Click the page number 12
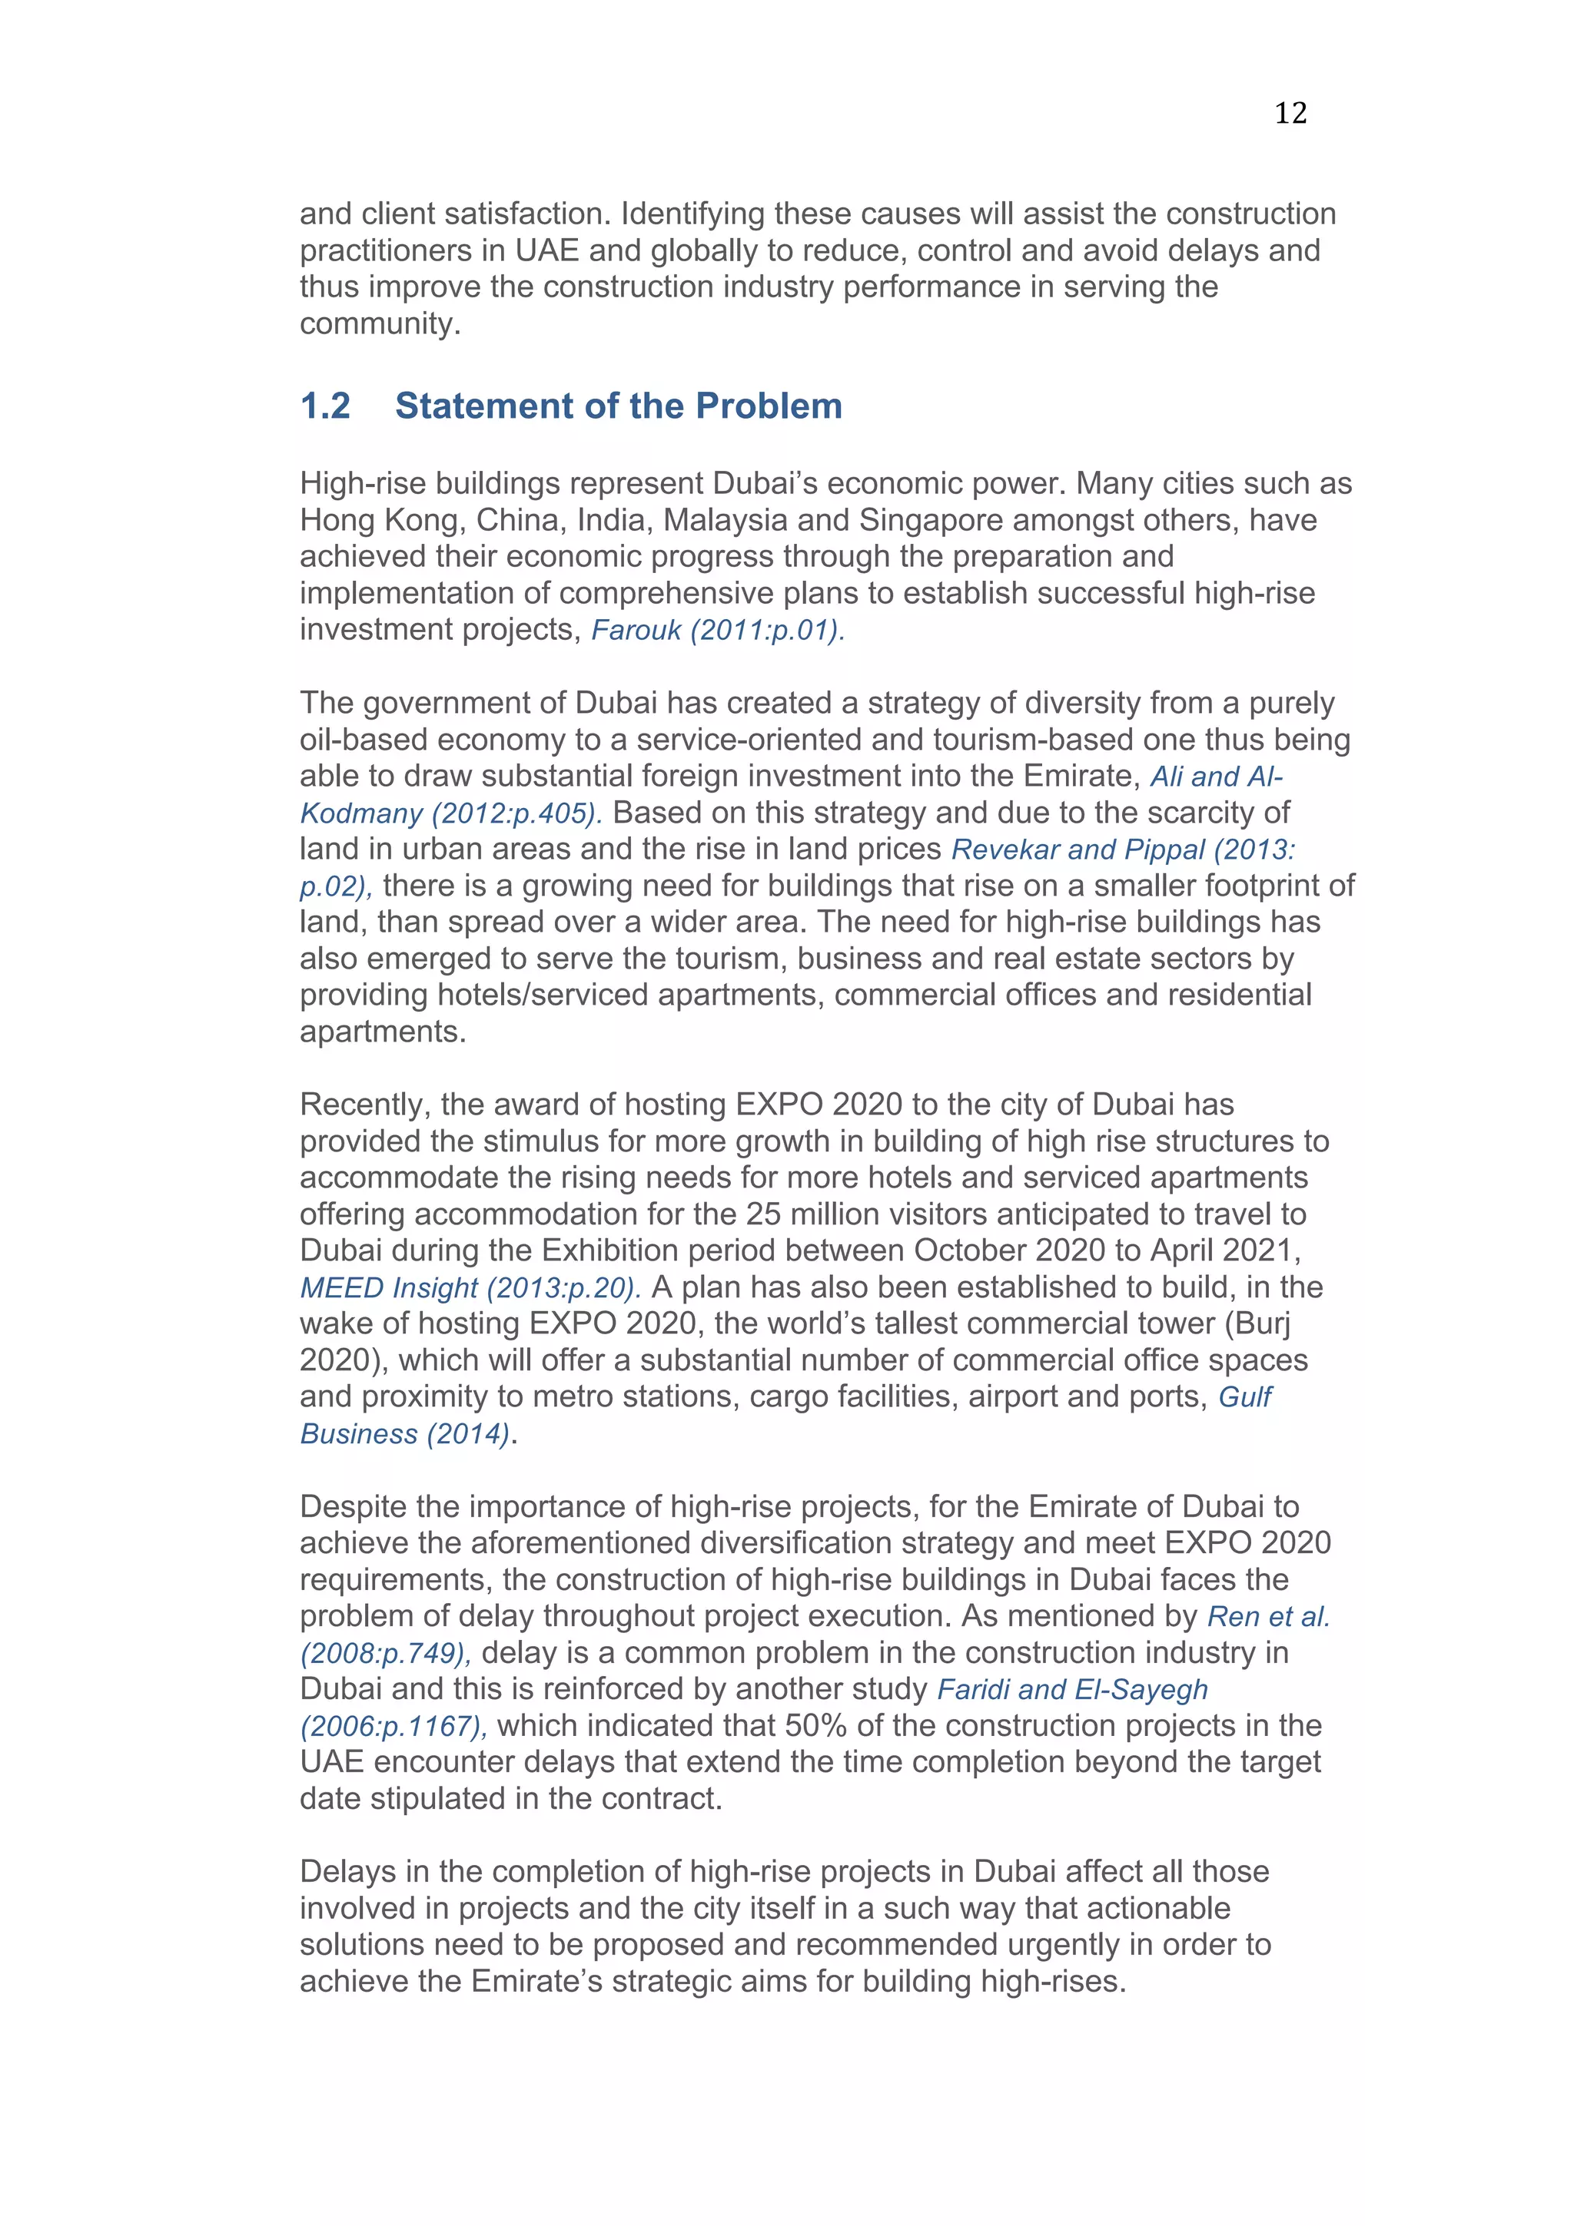click(x=1290, y=114)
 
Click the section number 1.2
click(x=326, y=406)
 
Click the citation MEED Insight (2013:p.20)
click(x=470, y=1287)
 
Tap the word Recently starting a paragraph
click(x=364, y=1105)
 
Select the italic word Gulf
click(x=1245, y=1397)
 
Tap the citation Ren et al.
click(x=1267, y=1616)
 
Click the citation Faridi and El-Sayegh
click(x=1071, y=1689)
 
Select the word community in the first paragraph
click(x=378, y=324)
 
